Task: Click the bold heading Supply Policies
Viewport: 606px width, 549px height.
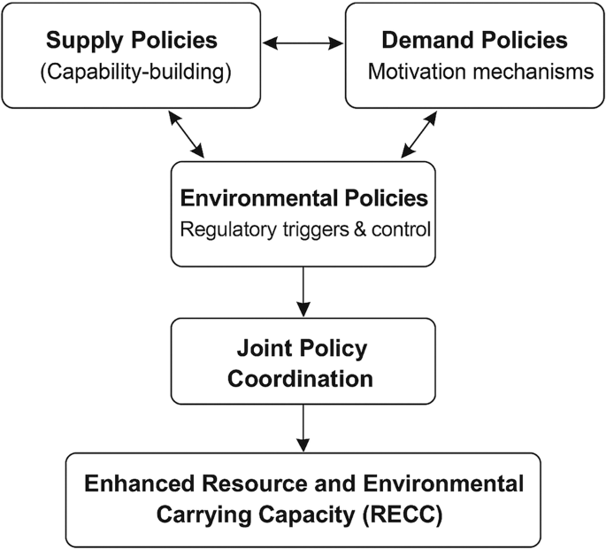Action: pos(131,41)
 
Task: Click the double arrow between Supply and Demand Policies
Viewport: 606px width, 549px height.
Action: pos(303,41)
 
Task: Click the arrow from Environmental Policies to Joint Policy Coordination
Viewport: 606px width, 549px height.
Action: pos(303,291)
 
